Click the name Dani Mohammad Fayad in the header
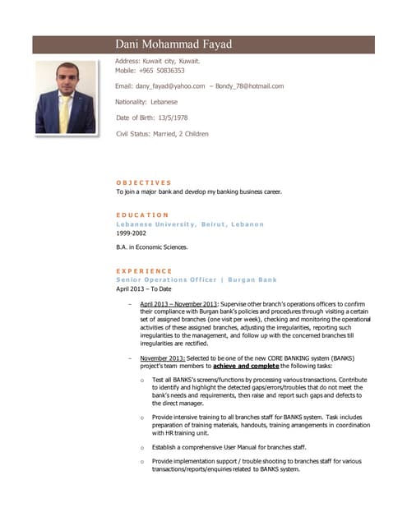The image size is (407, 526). click(173, 44)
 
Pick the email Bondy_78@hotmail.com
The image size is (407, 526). click(251, 86)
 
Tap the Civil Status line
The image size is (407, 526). click(162, 133)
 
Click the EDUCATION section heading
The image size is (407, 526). click(142, 215)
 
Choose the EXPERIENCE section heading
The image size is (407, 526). click(144, 270)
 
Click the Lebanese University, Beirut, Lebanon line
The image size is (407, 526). click(190, 224)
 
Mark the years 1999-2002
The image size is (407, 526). click(134, 233)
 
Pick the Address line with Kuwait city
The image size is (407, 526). click(158, 61)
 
